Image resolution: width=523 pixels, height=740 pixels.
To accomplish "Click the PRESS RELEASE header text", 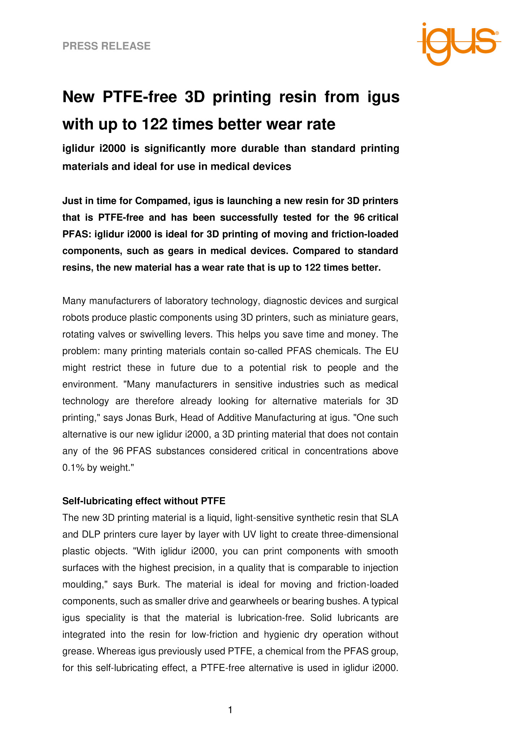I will point(107,46).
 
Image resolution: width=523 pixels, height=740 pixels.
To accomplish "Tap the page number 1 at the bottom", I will point(230,710).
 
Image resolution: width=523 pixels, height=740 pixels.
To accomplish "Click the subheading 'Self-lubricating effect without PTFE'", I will point(144,501).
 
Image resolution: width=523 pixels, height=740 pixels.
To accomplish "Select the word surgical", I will point(382,301).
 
